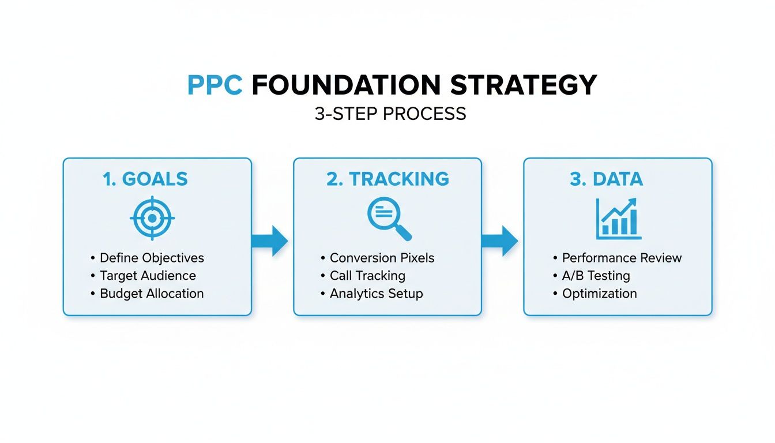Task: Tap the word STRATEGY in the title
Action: coord(523,85)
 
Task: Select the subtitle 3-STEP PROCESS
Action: coord(390,114)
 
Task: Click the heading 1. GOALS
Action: coord(145,179)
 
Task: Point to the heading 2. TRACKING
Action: coord(387,179)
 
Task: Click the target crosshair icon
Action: coord(152,219)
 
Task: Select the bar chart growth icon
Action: coord(618,219)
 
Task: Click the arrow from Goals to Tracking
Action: coord(270,241)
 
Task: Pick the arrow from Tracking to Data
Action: coord(500,241)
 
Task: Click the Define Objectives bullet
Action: coord(152,258)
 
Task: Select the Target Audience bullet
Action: coord(148,276)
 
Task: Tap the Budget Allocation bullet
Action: coord(152,293)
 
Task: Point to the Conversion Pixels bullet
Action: coord(382,258)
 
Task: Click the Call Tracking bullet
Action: coord(367,276)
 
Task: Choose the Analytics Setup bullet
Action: coord(376,294)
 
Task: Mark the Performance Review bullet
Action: coord(622,258)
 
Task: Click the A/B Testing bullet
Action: coord(596,276)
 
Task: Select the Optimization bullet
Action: coord(599,294)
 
